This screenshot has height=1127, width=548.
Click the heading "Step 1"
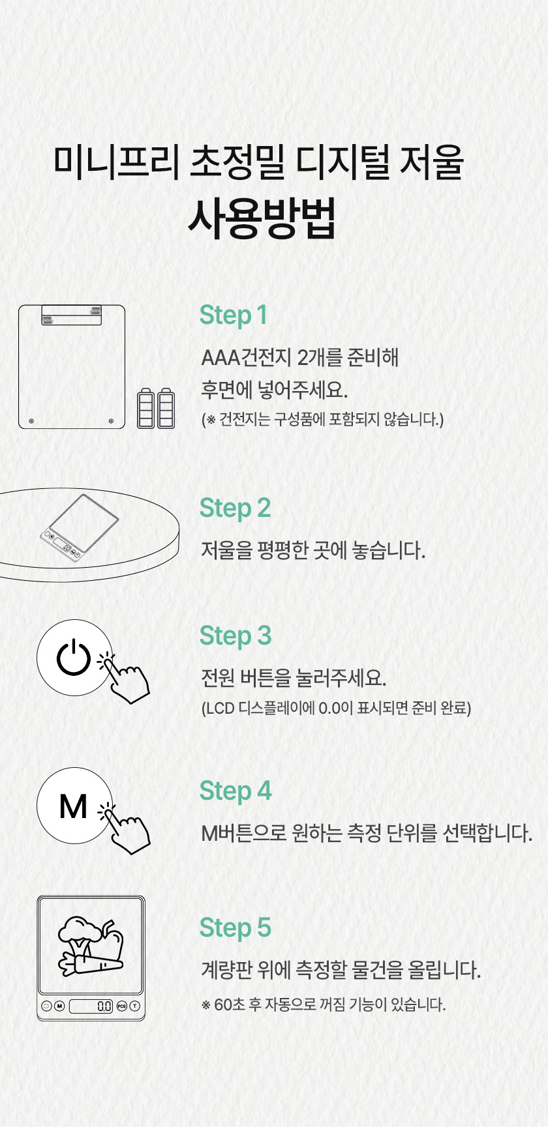(234, 315)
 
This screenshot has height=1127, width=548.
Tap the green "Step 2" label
(235, 508)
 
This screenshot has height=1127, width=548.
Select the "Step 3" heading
(236, 636)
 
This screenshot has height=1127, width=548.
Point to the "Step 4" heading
(236, 791)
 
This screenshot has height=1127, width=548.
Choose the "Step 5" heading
(235, 928)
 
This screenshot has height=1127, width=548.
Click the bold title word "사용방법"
(262, 217)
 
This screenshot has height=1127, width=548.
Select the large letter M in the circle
(73, 806)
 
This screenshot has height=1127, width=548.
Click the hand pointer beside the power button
(127, 679)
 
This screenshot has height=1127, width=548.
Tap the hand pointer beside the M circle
(127, 829)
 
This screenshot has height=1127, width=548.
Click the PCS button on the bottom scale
(122, 1006)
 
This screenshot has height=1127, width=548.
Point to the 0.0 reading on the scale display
(104, 1006)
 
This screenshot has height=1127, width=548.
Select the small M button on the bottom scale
(59, 1006)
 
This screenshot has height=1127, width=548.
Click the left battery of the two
(146, 408)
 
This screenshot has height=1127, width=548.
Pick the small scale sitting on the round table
(80, 527)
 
